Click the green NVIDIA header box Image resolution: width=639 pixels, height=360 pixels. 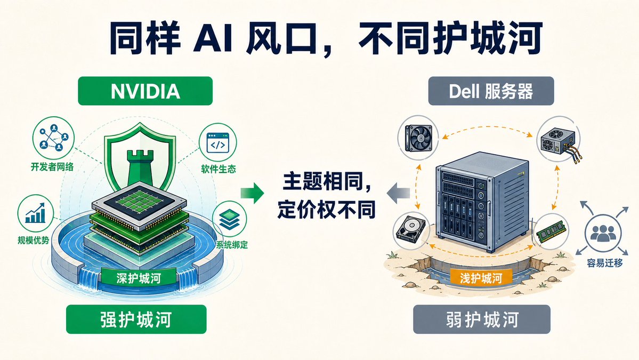[145, 91]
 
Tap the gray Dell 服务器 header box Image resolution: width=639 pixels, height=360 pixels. [491, 91]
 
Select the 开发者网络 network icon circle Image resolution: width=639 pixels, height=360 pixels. [53, 138]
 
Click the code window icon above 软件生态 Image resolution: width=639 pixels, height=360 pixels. [217, 143]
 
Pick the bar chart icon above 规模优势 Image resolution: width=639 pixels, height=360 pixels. [36, 213]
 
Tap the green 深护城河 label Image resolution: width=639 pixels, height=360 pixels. [139, 278]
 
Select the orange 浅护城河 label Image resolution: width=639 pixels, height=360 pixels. [481, 278]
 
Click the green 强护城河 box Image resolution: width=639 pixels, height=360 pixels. [136, 319]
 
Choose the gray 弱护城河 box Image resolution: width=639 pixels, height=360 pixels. [482, 319]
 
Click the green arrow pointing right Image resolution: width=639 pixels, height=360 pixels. [252, 193]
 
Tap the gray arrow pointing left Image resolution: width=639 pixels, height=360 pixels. [398, 193]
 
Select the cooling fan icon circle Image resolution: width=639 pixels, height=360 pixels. [418, 137]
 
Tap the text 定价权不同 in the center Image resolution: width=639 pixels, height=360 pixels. [326, 210]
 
